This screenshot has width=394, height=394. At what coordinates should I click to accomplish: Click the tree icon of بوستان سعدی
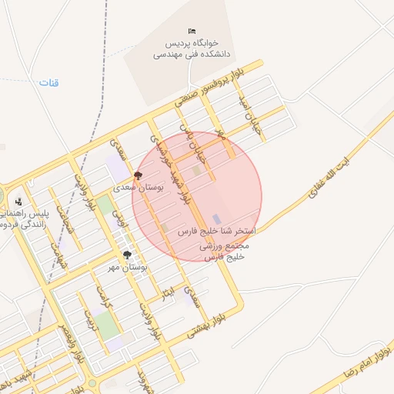pyautogui.click(x=138, y=176)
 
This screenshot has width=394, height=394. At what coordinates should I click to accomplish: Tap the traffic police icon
pyautogui.click(x=18, y=202)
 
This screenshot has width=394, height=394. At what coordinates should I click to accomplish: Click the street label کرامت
pyautogui.click(x=103, y=295)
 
